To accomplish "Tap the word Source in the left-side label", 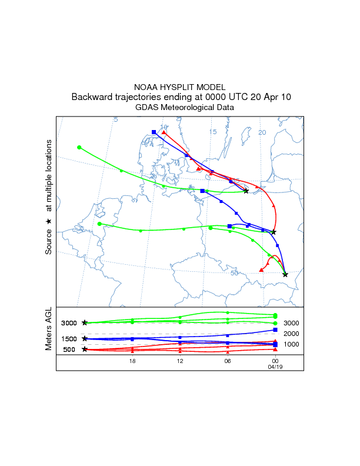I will point(49,242).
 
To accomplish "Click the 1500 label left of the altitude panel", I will point(69,339).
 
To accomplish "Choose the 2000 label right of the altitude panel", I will point(292,334).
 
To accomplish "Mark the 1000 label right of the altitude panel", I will point(292,344).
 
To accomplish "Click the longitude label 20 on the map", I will point(262,132).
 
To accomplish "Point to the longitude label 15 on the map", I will point(213,132).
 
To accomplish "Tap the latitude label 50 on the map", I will point(235,272).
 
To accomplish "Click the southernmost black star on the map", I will point(285,274).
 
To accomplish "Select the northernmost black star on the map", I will point(246,191).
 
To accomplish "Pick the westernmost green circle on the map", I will point(79,147).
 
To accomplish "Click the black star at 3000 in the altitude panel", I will point(85,322).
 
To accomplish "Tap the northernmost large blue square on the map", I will point(154,132).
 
